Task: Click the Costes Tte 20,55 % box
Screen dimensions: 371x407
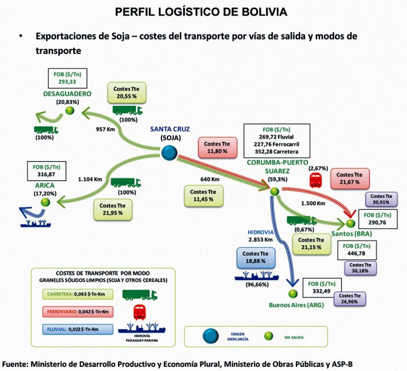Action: (126, 91)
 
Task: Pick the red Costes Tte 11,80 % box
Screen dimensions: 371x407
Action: (217, 148)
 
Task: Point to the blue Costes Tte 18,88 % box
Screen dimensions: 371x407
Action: (255, 257)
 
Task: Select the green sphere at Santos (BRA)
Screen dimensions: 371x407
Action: (351, 223)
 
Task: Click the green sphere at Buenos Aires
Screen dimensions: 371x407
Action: (293, 294)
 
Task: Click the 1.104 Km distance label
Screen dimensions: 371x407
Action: (92, 181)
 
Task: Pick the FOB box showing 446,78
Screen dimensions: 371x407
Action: (356, 249)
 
